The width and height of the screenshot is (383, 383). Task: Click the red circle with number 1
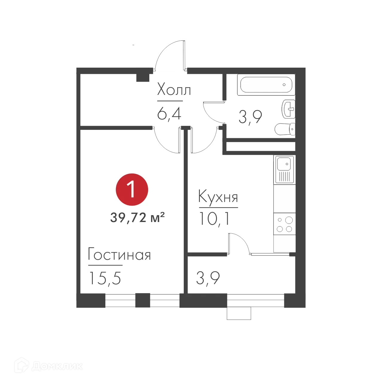click(132, 190)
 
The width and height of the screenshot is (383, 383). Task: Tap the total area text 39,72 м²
click(137, 218)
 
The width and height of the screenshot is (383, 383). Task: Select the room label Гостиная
click(119, 255)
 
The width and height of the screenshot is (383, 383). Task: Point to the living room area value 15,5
click(105, 278)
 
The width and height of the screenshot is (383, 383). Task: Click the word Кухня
click(218, 197)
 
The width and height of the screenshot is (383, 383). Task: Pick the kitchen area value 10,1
click(214, 218)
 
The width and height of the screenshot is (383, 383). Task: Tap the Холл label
click(174, 89)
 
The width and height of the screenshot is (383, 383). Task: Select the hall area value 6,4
click(169, 114)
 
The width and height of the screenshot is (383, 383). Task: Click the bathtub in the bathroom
click(266, 85)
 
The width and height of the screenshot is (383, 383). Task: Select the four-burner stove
click(285, 224)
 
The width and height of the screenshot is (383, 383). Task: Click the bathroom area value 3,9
click(250, 117)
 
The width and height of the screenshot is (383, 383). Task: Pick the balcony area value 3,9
click(208, 278)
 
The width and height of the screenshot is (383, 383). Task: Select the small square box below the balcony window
click(238, 314)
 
